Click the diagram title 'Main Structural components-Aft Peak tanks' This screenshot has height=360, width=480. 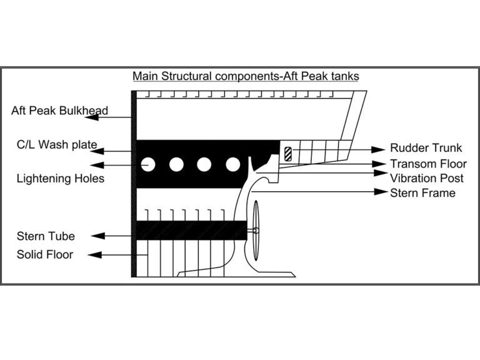point(246,76)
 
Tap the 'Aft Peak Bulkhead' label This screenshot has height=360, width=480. point(59,111)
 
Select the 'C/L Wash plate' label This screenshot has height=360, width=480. point(56,145)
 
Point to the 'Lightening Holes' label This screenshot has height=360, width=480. point(60,179)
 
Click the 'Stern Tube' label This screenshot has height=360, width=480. point(46,236)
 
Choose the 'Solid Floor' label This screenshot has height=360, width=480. point(45,254)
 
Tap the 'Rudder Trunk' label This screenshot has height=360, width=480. point(426,148)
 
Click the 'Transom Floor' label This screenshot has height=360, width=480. point(428,164)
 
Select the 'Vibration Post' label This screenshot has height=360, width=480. point(427,178)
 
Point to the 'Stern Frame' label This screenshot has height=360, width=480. point(422,192)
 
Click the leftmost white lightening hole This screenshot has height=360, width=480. point(148,165)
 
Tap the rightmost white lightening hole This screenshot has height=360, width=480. point(232,165)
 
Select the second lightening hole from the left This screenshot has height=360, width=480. point(176,165)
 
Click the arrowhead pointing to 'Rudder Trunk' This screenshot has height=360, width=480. point(377,149)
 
